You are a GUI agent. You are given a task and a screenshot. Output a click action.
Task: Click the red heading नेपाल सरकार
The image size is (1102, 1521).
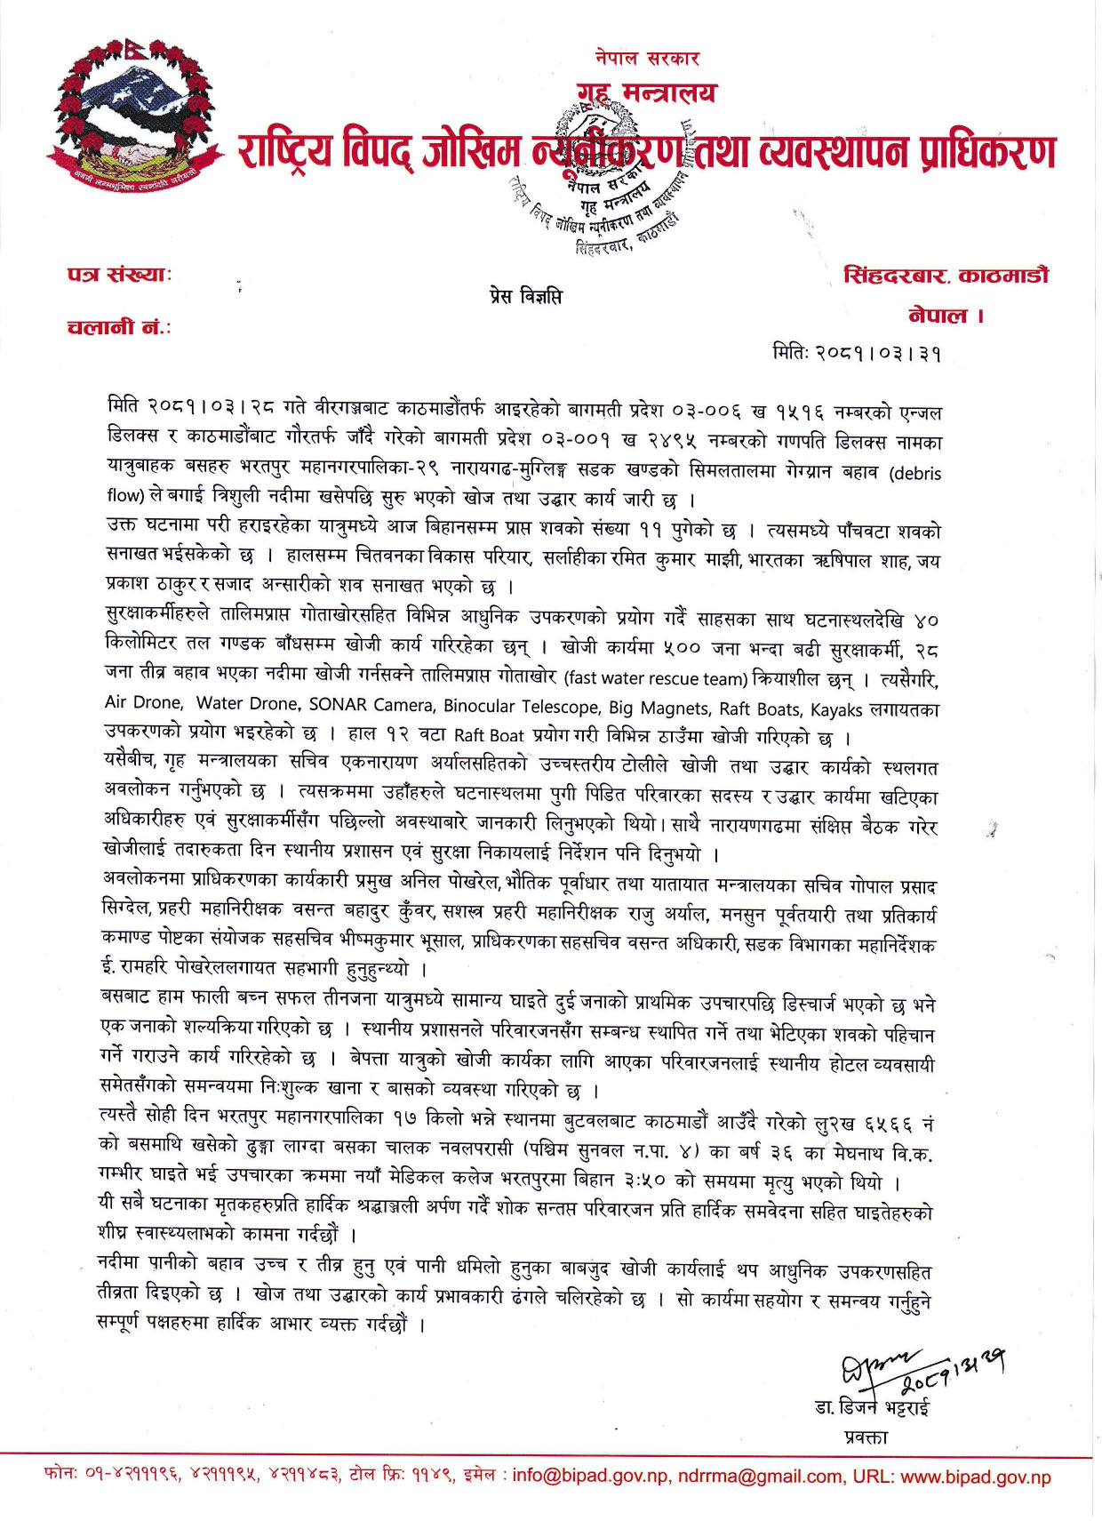pyautogui.click(x=647, y=59)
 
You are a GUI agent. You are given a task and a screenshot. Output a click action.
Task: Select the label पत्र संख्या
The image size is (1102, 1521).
pyautogui.click(x=119, y=274)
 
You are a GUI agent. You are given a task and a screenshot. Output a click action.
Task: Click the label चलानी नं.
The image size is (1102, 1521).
pyautogui.click(x=119, y=327)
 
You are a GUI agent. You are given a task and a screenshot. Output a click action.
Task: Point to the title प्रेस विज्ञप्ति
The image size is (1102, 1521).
pyautogui.click(x=525, y=296)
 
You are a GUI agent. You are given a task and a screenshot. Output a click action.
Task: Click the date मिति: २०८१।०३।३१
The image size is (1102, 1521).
pyautogui.click(x=856, y=353)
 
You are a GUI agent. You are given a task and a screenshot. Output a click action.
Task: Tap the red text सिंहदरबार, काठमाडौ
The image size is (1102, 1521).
pyautogui.click(x=946, y=276)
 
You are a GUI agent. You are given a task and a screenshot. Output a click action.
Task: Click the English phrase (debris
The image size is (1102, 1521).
pyautogui.click(x=914, y=472)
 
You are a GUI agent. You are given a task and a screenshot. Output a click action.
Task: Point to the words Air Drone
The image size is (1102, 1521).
pyautogui.click(x=144, y=703)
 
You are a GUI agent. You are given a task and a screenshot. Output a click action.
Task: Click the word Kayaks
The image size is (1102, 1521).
pyautogui.click(x=835, y=708)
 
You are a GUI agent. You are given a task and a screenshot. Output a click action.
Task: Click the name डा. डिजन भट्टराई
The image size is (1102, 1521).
pyautogui.click(x=871, y=1408)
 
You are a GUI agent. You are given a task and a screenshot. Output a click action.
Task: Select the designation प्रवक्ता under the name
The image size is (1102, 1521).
pyautogui.click(x=866, y=1437)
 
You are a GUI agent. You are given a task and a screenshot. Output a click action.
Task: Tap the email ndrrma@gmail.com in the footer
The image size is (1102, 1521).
pyautogui.click(x=760, y=1477)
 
